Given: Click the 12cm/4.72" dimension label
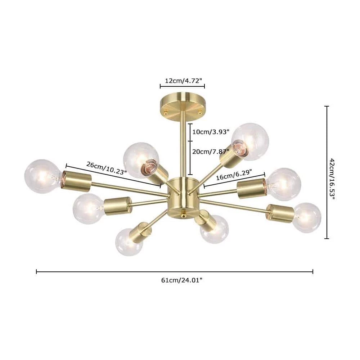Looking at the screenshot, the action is [183, 81].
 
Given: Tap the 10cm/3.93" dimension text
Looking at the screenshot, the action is [211, 132].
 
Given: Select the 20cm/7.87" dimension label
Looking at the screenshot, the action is [211, 152].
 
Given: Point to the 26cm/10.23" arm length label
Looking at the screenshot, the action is [107, 168].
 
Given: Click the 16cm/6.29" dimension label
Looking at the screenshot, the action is [234, 175].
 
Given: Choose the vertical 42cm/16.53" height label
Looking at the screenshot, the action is [332, 179].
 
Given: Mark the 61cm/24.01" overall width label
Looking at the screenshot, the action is [181, 280].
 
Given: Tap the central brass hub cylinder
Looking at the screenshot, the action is [183, 197].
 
